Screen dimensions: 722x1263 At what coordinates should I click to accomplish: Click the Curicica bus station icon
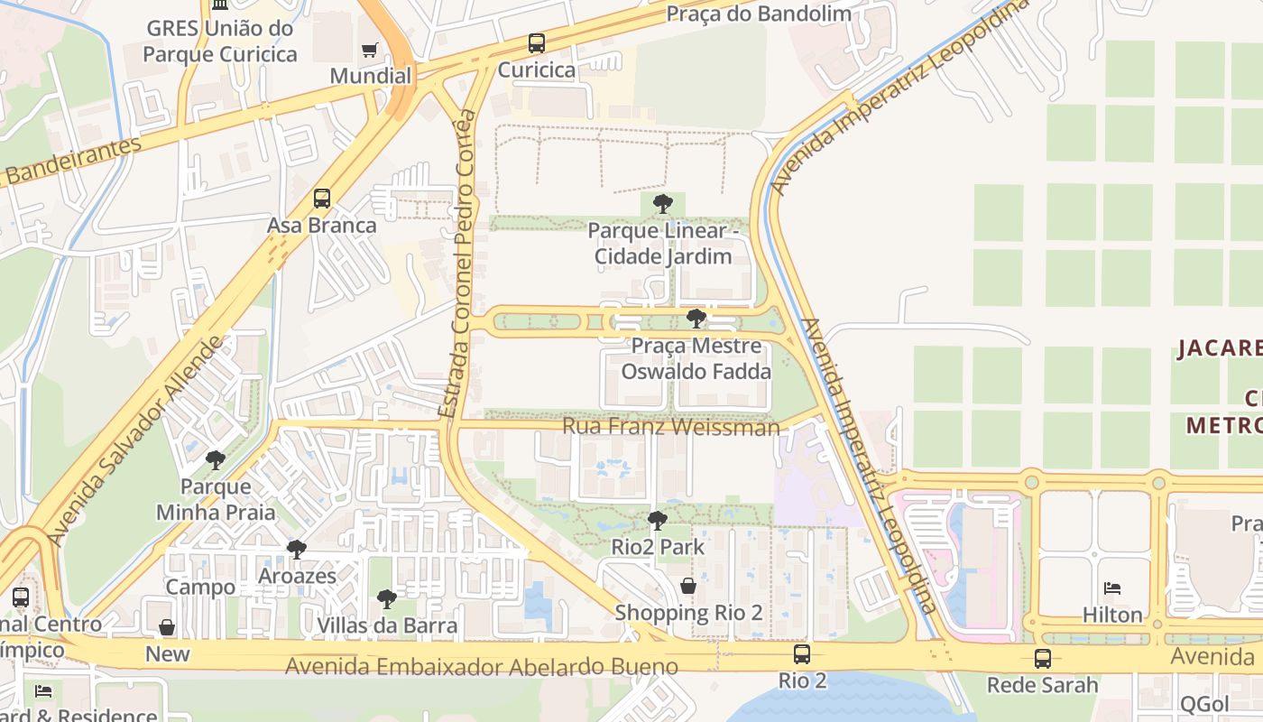[x=537, y=42]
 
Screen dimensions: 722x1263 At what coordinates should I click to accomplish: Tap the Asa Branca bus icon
[x=322, y=199]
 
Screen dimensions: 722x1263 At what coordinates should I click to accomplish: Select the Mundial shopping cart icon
[x=369, y=50]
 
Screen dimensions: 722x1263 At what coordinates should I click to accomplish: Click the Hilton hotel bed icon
[x=1112, y=588]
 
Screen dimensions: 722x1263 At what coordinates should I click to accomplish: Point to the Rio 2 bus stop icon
[x=801, y=654]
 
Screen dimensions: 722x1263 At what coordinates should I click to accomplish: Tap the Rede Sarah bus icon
[x=1043, y=659]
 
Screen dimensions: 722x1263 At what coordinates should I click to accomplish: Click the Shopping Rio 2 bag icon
[x=688, y=587]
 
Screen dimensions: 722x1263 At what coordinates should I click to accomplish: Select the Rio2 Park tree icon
[x=658, y=521]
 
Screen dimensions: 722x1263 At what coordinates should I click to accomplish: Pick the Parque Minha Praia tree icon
[x=216, y=460]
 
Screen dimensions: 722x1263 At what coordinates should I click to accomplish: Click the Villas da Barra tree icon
[x=387, y=599]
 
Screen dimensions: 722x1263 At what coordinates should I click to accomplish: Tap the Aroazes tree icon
[x=297, y=550]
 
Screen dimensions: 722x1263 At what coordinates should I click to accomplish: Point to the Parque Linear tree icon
[x=663, y=204]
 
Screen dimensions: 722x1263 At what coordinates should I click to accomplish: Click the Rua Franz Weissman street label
[x=671, y=426]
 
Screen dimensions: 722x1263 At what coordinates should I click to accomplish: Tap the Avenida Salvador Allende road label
[x=134, y=441]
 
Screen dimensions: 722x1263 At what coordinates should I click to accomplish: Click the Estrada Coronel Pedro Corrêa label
[x=456, y=264]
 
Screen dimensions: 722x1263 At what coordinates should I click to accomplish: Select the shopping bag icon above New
[x=167, y=627]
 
